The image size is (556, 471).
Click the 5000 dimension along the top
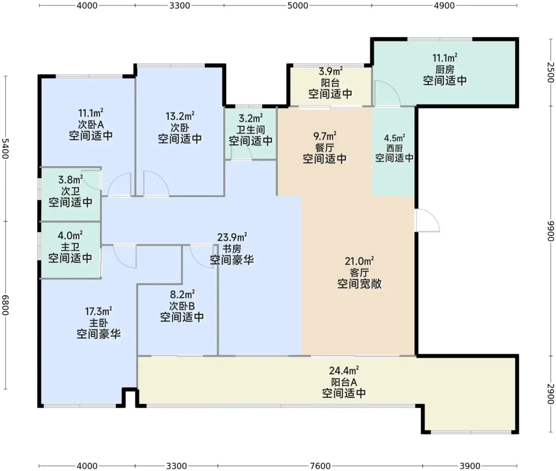click(297, 6)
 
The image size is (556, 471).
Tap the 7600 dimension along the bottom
click(320, 466)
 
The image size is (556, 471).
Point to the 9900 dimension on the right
click(550, 231)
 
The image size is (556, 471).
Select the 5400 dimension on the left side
click(6, 149)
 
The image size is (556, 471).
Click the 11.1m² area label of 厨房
click(445, 58)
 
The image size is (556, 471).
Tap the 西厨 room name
click(394, 148)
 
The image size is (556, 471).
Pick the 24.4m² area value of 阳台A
click(344, 370)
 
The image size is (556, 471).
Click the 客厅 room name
click(359, 273)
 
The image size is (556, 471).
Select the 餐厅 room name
click(324, 147)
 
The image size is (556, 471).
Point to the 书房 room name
click(232, 248)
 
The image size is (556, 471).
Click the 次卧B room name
click(182, 306)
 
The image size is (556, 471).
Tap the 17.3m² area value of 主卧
click(98, 311)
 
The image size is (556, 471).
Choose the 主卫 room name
click(70, 247)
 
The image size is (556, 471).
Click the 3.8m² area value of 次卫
click(70, 180)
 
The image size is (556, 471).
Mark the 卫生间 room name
click(251, 130)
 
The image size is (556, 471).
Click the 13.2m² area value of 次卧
click(180, 116)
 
